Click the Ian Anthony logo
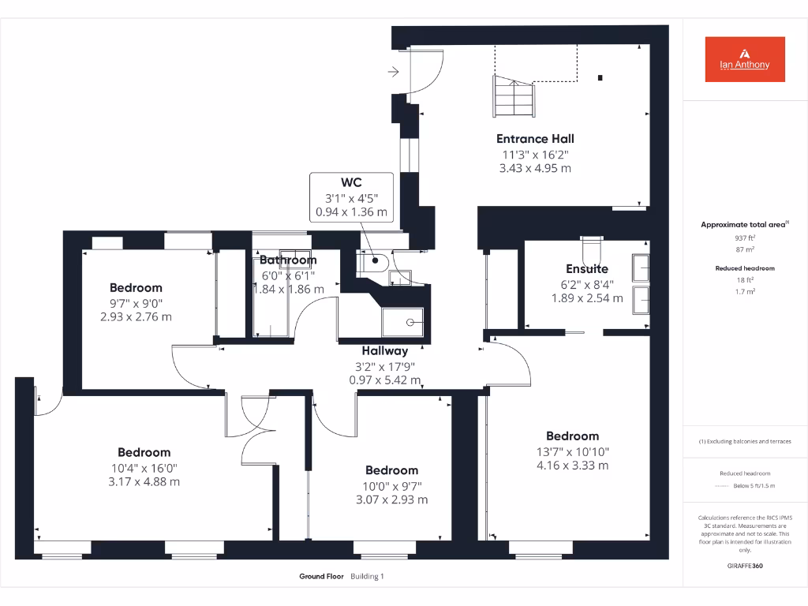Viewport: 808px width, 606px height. (745, 59)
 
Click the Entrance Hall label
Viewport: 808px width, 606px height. (534, 139)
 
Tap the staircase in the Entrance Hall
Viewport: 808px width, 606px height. (514, 95)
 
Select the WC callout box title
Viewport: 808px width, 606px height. (351, 182)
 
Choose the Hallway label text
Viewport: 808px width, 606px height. (385, 351)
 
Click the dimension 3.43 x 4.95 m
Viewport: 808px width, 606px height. (534, 168)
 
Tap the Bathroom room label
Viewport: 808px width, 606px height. (288, 260)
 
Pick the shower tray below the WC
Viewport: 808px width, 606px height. (402, 322)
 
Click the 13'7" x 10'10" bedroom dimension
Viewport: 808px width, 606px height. (572, 451)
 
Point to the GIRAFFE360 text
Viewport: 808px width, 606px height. (745, 566)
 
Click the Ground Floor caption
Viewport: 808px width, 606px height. (321, 577)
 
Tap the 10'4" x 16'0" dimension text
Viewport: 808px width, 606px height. (144, 467)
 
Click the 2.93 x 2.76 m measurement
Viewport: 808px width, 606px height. (136, 317)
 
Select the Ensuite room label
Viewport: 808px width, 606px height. (587, 269)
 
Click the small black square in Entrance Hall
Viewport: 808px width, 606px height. (600, 77)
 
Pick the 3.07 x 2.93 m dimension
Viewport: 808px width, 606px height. (391, 499)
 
